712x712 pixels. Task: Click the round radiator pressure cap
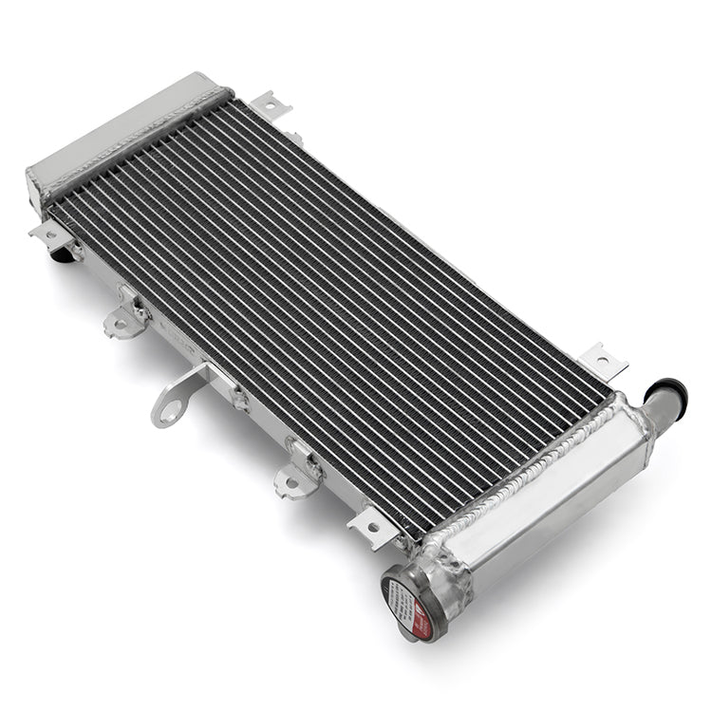406,602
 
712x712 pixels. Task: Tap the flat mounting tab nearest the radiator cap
372,527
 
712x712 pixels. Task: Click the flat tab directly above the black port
51,233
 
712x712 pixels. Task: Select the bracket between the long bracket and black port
127,317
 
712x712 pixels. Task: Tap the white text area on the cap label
398,598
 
